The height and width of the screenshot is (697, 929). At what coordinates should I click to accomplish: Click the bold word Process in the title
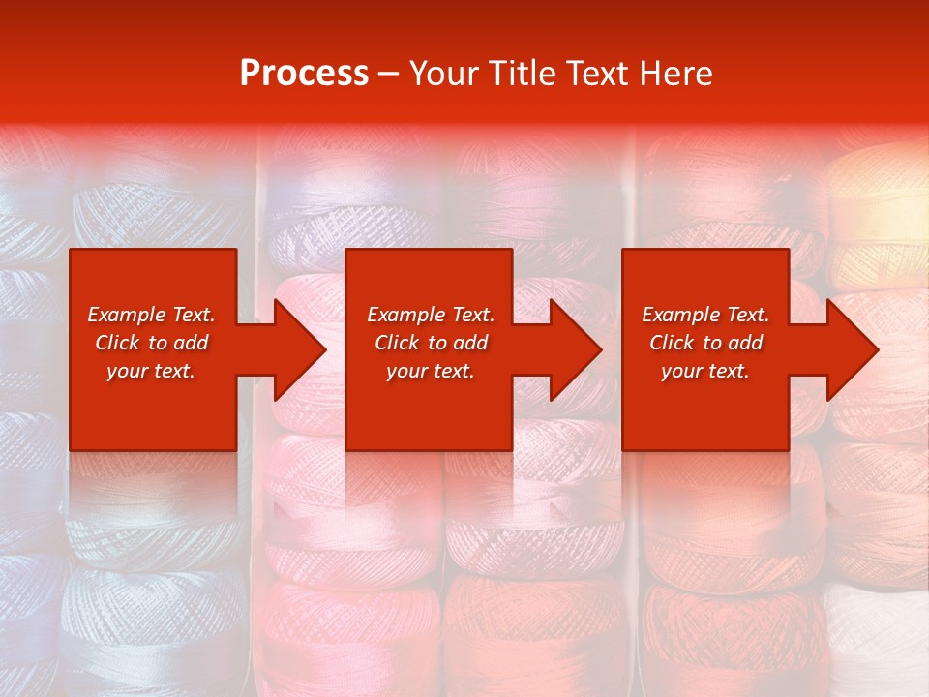click(304, 74)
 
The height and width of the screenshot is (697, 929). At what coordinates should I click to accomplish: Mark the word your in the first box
click(126, 372)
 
